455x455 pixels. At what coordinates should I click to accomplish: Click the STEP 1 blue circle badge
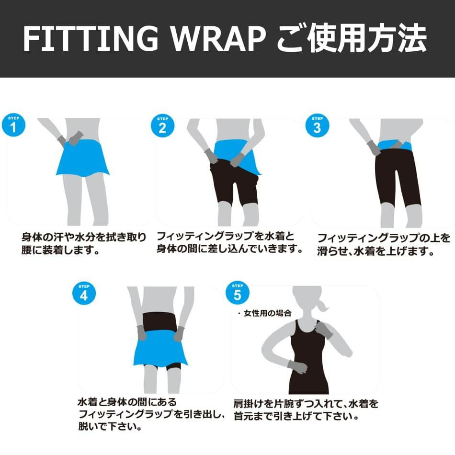(x=13, y=125)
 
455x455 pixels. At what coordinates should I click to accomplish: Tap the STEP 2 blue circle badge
(x=162, y=125)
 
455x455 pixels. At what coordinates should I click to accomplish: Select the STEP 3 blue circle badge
(x=317, y=125)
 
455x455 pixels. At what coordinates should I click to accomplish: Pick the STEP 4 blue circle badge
(x=84, y=293)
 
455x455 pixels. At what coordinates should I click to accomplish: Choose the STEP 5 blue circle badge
(x=238, y=293)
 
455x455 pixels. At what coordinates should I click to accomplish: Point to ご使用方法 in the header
(x=352, y=38)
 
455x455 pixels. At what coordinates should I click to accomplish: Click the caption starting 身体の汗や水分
(x=84, y=243)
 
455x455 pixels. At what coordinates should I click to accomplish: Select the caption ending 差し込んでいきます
(x=229, y=242)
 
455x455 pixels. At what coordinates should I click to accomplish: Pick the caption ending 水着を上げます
(x=384, y=244)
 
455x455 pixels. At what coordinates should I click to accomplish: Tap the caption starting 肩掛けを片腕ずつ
(x=306, y=409)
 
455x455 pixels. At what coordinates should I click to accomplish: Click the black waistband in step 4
(x=160, y=321)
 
